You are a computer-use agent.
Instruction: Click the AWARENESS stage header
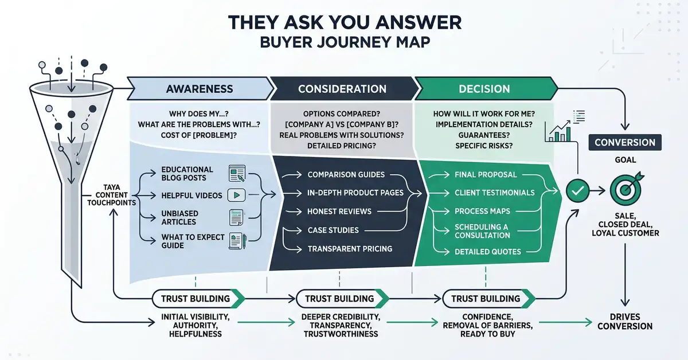tap(200, 89)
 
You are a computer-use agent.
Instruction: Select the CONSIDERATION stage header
tap(342, 89)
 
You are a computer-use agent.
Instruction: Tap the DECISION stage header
tap(484, 89)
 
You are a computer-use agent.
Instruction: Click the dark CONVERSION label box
tap(625, 142)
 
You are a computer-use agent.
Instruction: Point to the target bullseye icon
tap(626, 190)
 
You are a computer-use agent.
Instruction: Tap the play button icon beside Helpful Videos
tap(236, 195)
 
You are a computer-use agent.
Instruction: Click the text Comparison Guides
tap(346, 174)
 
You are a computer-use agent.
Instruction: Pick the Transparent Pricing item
tap(350, 249)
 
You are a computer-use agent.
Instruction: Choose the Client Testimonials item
tap(494, 193)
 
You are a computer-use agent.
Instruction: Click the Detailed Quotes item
tap(488, 252)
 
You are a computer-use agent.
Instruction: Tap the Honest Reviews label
tap(339, 212)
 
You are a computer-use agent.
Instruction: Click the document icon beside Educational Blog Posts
tap(236, 172)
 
